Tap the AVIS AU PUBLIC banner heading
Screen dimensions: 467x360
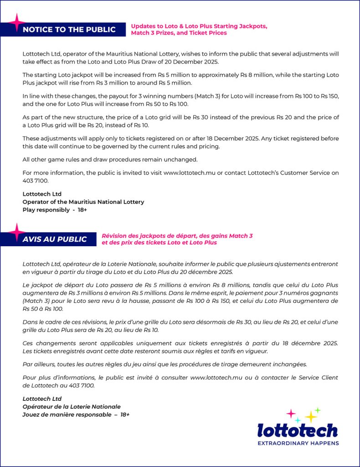55,239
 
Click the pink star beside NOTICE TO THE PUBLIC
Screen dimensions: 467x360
17,22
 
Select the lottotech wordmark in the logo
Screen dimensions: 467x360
298,431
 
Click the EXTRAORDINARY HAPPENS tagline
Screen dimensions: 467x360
298,443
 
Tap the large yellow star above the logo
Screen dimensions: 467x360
311,416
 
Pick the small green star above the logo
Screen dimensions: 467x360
318,410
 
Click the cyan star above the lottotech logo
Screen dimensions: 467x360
298,420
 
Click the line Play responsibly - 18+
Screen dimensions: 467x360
55,210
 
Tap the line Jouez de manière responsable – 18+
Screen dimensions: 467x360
76,415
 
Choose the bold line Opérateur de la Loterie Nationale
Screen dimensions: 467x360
72,406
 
